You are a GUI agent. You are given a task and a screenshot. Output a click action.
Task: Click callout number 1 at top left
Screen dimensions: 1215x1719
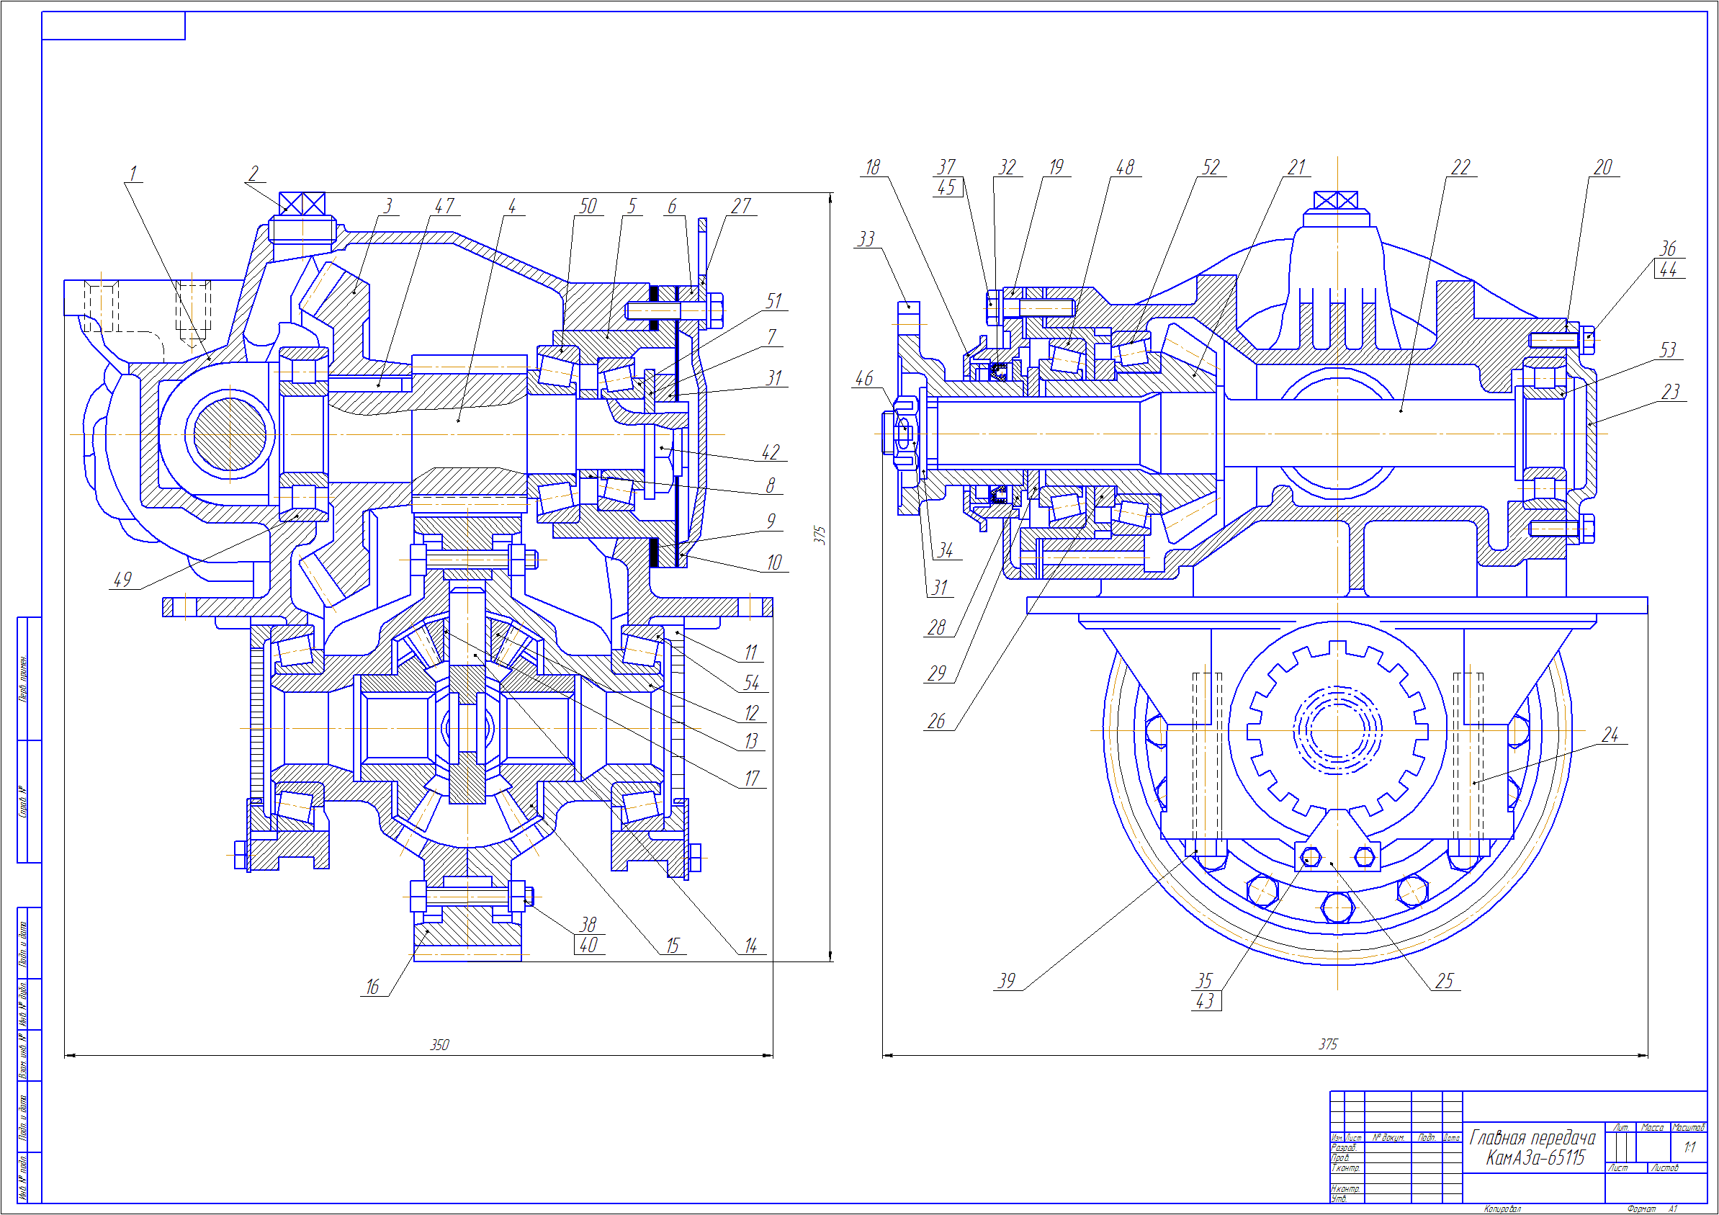[x=133, y=174]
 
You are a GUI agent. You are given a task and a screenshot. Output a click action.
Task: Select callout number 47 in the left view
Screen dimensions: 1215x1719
[x=445, y=206]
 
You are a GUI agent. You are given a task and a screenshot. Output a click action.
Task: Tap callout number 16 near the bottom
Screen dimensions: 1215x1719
[x=372, y=987]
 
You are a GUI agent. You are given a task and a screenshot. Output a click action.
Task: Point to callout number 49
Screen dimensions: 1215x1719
[x=122, y=580]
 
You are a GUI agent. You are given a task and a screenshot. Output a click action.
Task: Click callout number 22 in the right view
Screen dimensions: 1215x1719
[x=1460, y=168]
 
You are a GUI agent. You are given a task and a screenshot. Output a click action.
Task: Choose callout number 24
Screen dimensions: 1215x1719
[x=1610, y=735]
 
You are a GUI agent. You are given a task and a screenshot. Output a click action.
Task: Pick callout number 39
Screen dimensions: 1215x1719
[x=1007, y=981]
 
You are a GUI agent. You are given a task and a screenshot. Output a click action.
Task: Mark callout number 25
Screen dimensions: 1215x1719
[x=1444, y=981]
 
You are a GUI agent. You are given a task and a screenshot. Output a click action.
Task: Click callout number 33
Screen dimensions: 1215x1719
[x=866, y=239]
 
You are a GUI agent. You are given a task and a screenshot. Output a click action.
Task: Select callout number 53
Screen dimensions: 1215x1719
[x=1668, y=349]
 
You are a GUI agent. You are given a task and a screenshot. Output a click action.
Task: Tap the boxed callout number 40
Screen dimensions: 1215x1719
[x=588, y=946]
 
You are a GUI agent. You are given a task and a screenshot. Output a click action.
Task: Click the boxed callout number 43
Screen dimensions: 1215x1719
[x=1206, y=1002]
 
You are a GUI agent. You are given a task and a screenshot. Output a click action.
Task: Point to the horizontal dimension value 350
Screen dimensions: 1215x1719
[x=439, y=1045]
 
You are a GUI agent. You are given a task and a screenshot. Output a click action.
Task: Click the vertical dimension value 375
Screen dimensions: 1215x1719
[x=820, y=534]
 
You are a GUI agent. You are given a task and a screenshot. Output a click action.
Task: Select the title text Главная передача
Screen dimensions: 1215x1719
[x=1532, y=1138]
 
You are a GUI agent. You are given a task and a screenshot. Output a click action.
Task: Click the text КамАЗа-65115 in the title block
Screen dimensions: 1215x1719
[x=1535, y=1158]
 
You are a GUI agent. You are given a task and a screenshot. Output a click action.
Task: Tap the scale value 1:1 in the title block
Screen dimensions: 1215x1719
[x=1689, y=1147]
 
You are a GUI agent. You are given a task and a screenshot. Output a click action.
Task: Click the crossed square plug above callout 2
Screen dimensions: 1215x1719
[x=302, y=204]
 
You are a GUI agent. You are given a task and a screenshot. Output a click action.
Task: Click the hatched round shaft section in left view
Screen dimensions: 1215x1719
[x=229, y=434]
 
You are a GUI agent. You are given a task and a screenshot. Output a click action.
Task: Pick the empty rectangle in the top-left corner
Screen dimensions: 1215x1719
[x=113, y=25]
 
